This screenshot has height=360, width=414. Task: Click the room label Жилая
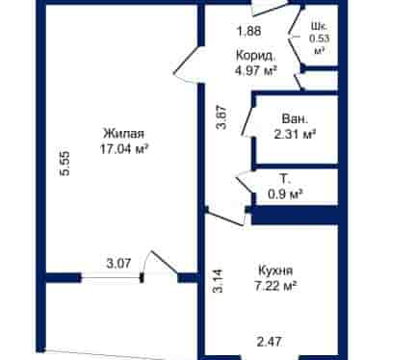click(124, 133)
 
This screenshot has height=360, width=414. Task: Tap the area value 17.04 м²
click(124, 149)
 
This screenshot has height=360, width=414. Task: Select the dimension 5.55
click(65, 163)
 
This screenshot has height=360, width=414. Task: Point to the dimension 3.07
click(118, 264)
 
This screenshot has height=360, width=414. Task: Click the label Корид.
click(256, 56)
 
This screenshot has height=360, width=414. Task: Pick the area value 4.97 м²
click(256, 70)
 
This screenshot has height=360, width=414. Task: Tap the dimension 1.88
click(248, 31)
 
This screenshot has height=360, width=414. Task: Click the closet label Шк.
click(320, 26)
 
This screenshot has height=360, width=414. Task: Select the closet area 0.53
click(320, 39)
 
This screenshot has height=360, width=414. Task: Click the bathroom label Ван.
click(295, 118)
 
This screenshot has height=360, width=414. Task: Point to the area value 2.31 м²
click(295, 134)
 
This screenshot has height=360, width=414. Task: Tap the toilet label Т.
click(285, 178)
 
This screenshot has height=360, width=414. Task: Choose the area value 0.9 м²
click(285, 193)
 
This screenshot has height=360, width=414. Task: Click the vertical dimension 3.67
click(221, 117)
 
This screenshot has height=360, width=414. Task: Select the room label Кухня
click(275, 270)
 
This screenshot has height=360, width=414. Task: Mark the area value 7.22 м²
click(275, 286)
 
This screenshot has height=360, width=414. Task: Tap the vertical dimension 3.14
click(218, 281)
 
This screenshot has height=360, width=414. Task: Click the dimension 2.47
click(270, 342)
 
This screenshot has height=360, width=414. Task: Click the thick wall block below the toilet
click(295, 215)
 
